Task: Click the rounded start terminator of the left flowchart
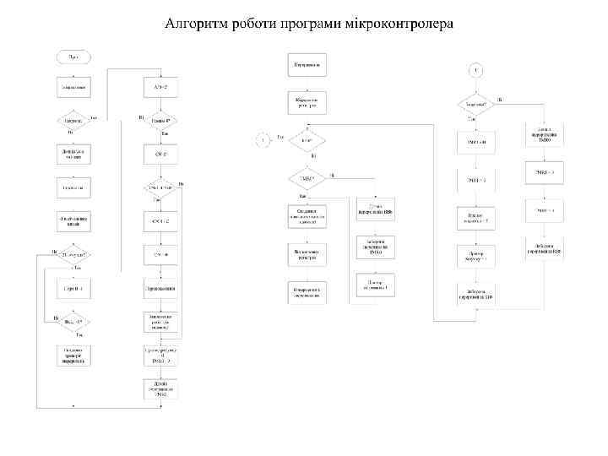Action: point(73,57)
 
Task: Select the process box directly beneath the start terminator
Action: point(73,87)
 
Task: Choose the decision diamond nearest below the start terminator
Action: point(73,121)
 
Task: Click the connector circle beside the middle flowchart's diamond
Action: point(263,140)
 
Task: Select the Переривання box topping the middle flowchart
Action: point(307,64)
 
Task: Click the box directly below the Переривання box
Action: point(307,102)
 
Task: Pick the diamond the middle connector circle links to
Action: point(307,140)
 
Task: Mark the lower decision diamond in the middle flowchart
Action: point(307,179)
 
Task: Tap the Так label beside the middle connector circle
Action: point(280,136)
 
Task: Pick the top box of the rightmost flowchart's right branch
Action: point(544,134)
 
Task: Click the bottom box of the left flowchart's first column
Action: point(73,356)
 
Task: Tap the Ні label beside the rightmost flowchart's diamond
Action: point(500,100)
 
